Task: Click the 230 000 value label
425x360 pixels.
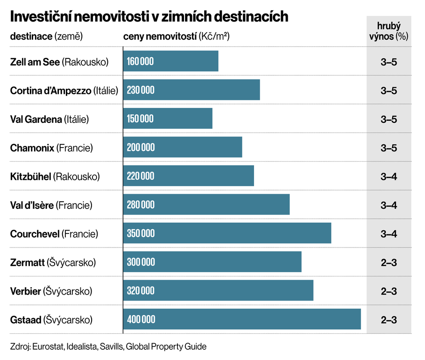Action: [x=140, y=90]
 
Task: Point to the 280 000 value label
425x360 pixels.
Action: [x=140, y=205]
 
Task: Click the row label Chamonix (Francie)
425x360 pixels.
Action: [x=51, y=148]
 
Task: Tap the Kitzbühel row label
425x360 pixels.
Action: [x=55, y=176]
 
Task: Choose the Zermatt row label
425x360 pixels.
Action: [x=53, y=262]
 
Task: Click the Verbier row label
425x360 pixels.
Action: [x=51, y=291]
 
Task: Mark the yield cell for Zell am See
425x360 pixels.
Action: [x=389, y=62]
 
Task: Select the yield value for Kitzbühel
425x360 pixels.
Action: [x=389, y=176]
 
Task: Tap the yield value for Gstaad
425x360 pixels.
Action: [x=389, y=319]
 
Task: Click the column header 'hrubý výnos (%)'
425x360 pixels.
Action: [x=389, y=31]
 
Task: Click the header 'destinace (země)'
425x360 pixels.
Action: [x=46, y=36]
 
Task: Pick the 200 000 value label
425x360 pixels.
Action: [x=141, y=148]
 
